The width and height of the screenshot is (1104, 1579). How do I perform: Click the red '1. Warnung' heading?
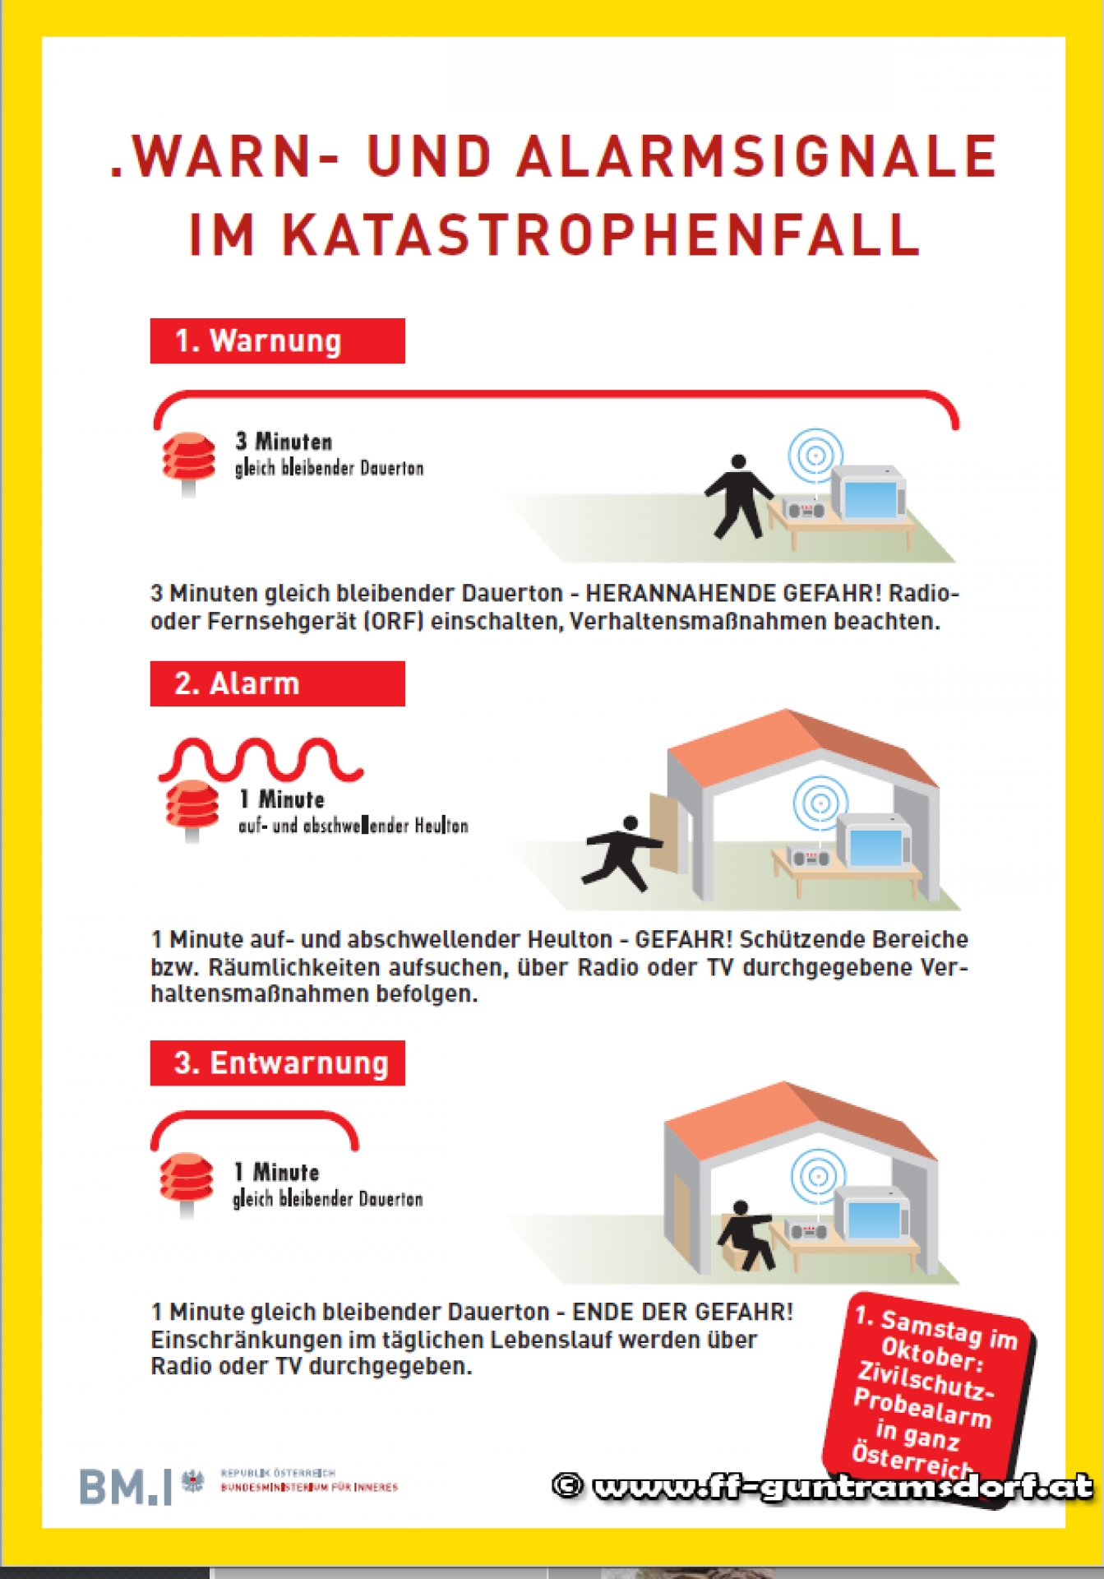277,340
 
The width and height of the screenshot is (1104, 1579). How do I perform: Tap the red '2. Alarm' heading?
277,683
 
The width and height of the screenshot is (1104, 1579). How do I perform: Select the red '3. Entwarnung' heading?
277,1063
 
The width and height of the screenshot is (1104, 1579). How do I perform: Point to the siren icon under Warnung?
188,461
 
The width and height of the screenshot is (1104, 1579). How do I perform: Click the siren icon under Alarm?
192,808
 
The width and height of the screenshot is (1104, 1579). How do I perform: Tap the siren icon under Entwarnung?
187,1182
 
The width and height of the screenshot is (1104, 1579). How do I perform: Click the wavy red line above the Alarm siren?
261,758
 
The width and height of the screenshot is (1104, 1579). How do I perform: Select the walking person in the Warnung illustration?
737,497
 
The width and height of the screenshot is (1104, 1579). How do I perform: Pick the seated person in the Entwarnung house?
746,1234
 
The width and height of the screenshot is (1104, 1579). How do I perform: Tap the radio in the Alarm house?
810,857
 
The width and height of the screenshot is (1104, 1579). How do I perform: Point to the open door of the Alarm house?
667,831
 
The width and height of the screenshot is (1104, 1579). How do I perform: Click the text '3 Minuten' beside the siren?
284,442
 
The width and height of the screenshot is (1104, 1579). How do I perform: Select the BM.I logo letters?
126,1486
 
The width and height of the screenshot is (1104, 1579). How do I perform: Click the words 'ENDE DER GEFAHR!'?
682,1312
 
